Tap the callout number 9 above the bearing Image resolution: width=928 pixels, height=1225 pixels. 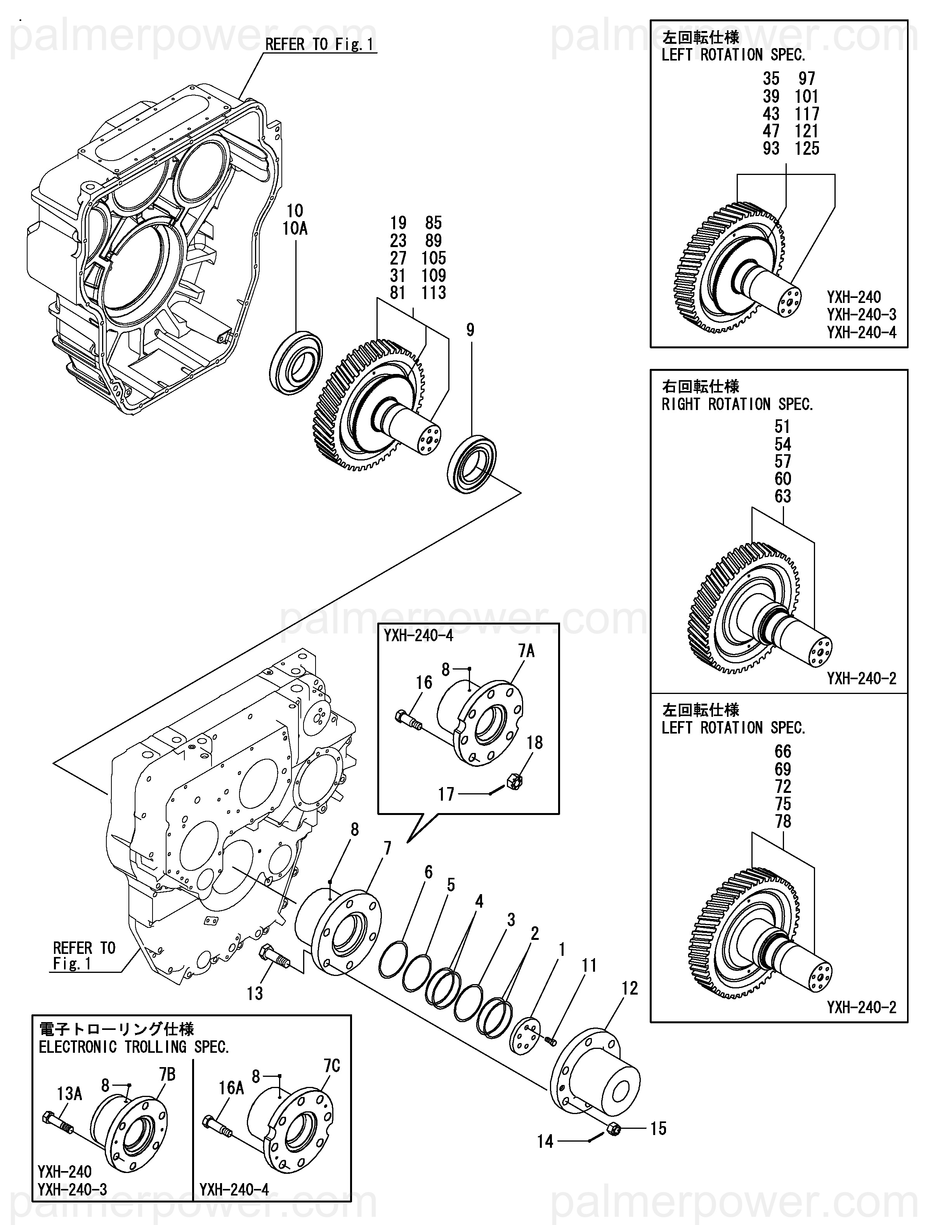click(470, 330)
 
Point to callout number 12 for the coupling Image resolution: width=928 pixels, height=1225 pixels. click(630, 988)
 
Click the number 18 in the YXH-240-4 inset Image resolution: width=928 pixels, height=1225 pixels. click(535, 743)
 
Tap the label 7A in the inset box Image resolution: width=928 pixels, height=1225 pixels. click(526, 651)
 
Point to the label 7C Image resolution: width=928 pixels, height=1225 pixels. click(331, 1066)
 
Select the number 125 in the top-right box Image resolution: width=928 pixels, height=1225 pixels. click(807, 149)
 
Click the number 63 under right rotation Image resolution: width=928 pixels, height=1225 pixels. click(782, 496)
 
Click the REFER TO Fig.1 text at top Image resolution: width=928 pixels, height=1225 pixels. click(320, 44)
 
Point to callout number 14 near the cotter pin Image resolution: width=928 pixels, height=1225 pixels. click(545, 1141)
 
